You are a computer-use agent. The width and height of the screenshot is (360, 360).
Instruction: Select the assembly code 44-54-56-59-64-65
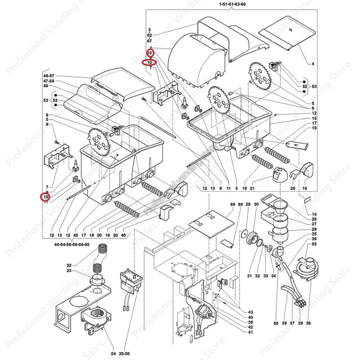(x=72, y=244)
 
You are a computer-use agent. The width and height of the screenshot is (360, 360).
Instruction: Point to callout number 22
(x=69, y=265)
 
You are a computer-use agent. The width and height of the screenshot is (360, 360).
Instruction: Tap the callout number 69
(x=233, y=204)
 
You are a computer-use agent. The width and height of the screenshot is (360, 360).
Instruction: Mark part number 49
(x=46, y=86)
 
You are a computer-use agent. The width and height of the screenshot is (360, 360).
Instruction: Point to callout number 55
(x=314, y=244)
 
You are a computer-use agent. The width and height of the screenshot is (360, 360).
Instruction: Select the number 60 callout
(x=276, y=323)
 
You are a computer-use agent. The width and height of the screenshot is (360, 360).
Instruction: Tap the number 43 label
(x=250, y=312)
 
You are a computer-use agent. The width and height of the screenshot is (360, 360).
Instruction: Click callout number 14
(x=314, y=214)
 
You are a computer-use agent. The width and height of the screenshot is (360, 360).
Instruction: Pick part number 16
(x=314, y=128)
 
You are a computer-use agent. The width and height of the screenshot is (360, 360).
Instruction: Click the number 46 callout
(x=124, y=235)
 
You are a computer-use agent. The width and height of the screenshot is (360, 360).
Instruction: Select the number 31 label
(x=249, y=276)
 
